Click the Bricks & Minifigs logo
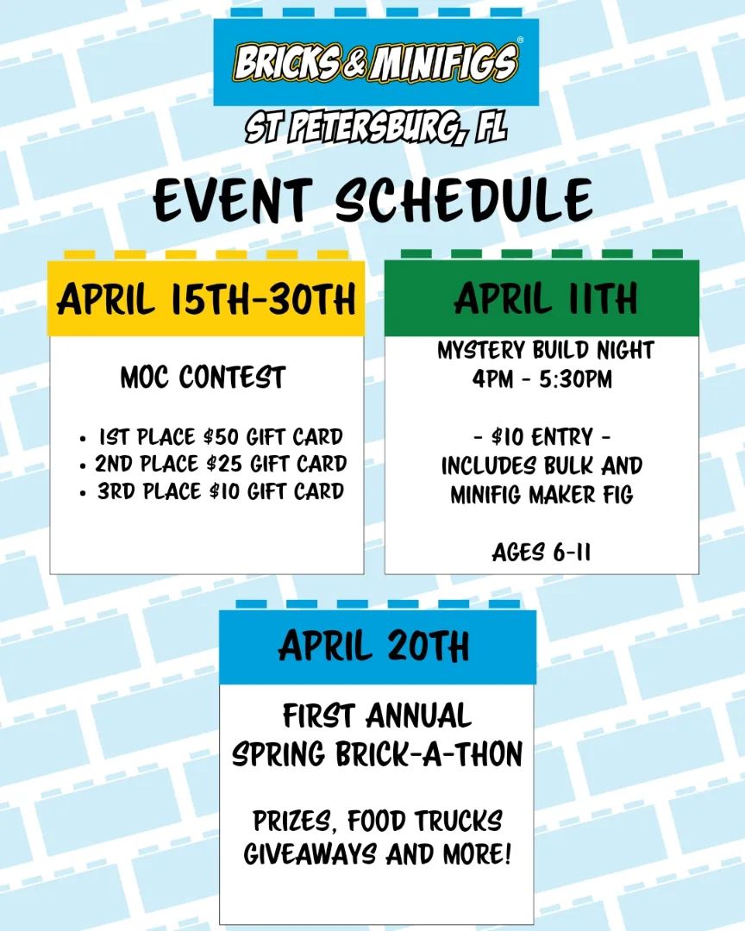coord(376,62)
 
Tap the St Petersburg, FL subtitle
coord(376,127)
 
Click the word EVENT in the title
coord(232,199)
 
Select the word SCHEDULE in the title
coord(464,199)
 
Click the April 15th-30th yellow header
coord(206,298)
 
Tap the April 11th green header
coord(542,298)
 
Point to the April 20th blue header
coord(378,647)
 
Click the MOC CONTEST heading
coord(203,378)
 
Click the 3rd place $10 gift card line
coord(221,491)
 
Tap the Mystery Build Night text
coord(545,350)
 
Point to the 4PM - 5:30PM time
coord(542,378)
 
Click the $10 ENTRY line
coord(542,438)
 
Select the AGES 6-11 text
coord(542,553)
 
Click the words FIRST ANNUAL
coord(378,715)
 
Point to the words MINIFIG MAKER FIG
coord(542,495)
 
